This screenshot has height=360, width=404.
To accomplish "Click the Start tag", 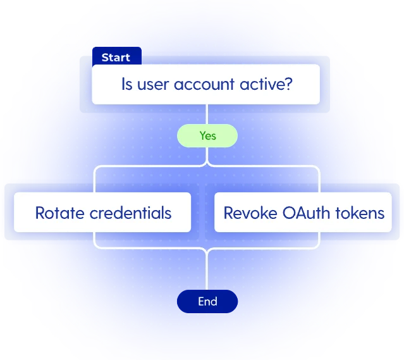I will [x=116, y=58].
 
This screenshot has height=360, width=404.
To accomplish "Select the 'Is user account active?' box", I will [x=206, y=85].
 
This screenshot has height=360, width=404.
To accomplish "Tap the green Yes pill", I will [x=207, y=135].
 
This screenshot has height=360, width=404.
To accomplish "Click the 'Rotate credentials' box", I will [x=102, y=213].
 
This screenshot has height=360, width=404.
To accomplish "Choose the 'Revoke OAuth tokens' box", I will [x=303, y=213].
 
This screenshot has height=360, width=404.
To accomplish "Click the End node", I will [x=207, y=302].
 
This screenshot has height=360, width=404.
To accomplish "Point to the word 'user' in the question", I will [x=156, y=84].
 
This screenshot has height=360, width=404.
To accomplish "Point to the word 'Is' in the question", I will [x=127, y=84].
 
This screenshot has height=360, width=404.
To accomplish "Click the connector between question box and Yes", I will [x=207, y=115].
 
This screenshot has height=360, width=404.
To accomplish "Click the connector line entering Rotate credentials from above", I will [x=95, y=180].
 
